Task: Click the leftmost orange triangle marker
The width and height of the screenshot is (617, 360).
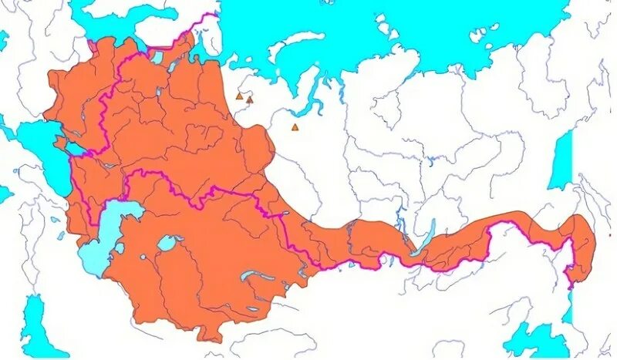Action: point(239,97)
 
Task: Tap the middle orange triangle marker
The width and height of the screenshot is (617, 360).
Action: point(250,99)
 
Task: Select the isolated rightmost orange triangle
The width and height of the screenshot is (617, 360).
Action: point(295,128)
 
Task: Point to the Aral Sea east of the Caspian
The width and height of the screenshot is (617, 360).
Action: point(169,244)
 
